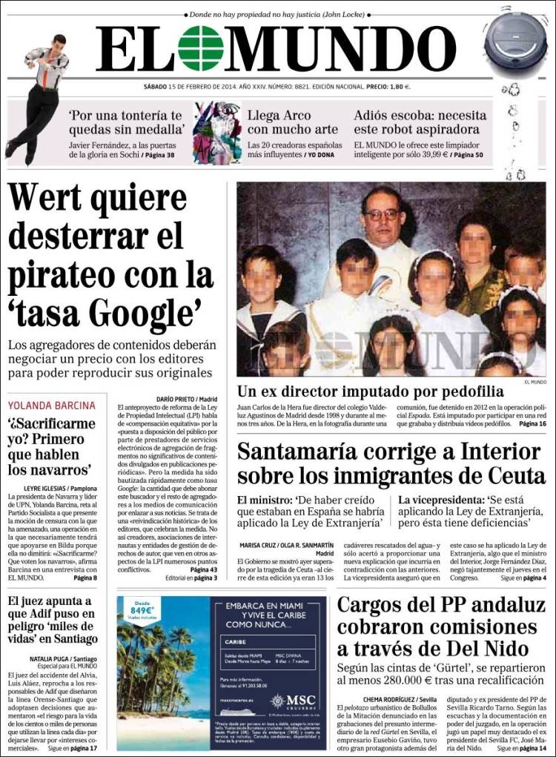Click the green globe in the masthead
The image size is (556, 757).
click(x=199, y=49)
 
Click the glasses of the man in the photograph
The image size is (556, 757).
click(x=382, y=214)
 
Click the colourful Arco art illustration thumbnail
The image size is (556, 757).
click(x=217, y=133)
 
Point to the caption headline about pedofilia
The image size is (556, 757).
click(x=371, y=391)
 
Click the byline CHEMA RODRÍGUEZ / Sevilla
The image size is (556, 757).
click(x=404, y=699)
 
